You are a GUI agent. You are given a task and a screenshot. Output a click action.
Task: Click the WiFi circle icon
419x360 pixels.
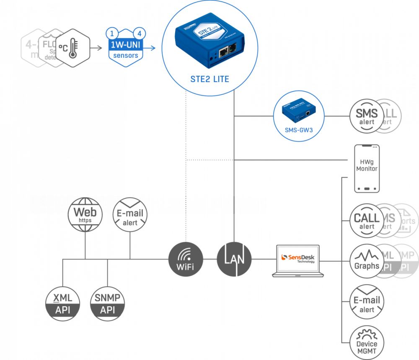pos(186,259)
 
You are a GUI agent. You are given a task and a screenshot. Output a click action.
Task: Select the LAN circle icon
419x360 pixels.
pos(234,259)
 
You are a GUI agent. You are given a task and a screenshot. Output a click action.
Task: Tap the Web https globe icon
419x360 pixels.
pos(85,215)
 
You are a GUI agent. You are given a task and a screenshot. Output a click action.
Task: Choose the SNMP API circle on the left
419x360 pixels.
pos(107,303)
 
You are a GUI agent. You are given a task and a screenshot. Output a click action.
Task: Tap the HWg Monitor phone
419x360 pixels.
pos(367,169)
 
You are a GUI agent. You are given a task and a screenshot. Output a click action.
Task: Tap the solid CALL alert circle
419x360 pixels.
pos(367,221)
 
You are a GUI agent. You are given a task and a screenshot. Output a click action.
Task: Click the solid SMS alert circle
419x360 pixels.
pos(367,116)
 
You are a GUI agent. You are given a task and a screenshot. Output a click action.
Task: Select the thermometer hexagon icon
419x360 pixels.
pos(73,48)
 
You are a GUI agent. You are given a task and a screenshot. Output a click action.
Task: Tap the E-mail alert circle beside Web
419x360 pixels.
pos(130,215)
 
